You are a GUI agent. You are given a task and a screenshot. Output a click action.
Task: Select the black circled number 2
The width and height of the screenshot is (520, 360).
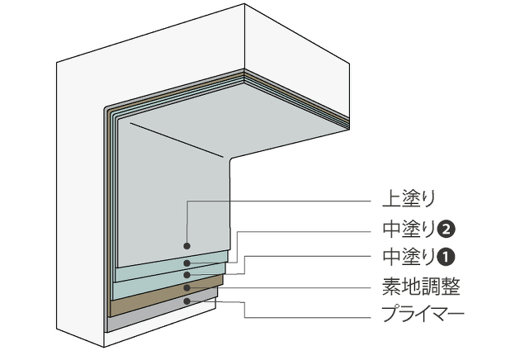click(446, 228)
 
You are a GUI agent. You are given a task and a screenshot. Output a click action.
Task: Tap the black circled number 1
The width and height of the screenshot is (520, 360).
click(446, 256)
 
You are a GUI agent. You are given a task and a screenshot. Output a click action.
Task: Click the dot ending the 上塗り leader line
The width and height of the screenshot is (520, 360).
click(188, 246)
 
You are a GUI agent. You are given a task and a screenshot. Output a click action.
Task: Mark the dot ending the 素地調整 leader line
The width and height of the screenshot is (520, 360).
click(188, 288)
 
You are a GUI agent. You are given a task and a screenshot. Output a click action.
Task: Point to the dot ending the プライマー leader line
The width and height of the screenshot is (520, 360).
click(188, 301)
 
